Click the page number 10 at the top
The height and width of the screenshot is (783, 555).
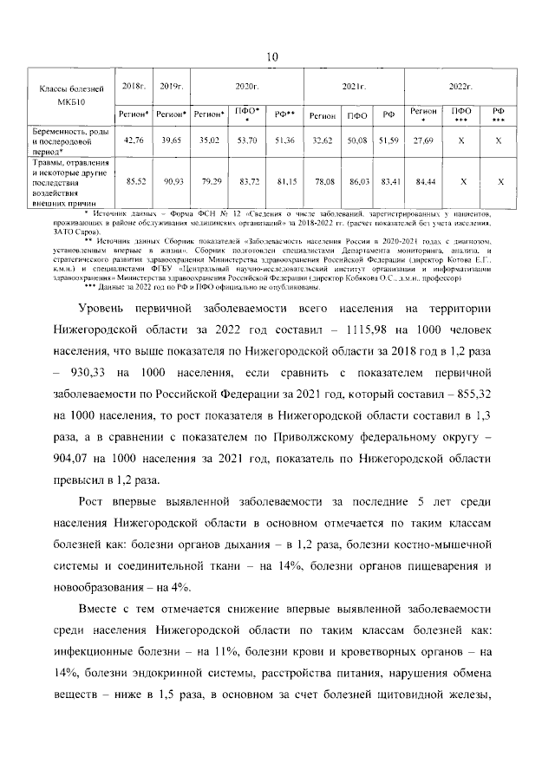click(x=271, y=57)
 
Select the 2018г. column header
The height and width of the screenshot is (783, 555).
click(x=134, y=88)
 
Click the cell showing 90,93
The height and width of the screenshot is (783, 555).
click(x=171, y=182)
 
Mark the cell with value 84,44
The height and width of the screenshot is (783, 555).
click(x=423, y=182)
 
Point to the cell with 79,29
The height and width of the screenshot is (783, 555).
click(x=209, y=182)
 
